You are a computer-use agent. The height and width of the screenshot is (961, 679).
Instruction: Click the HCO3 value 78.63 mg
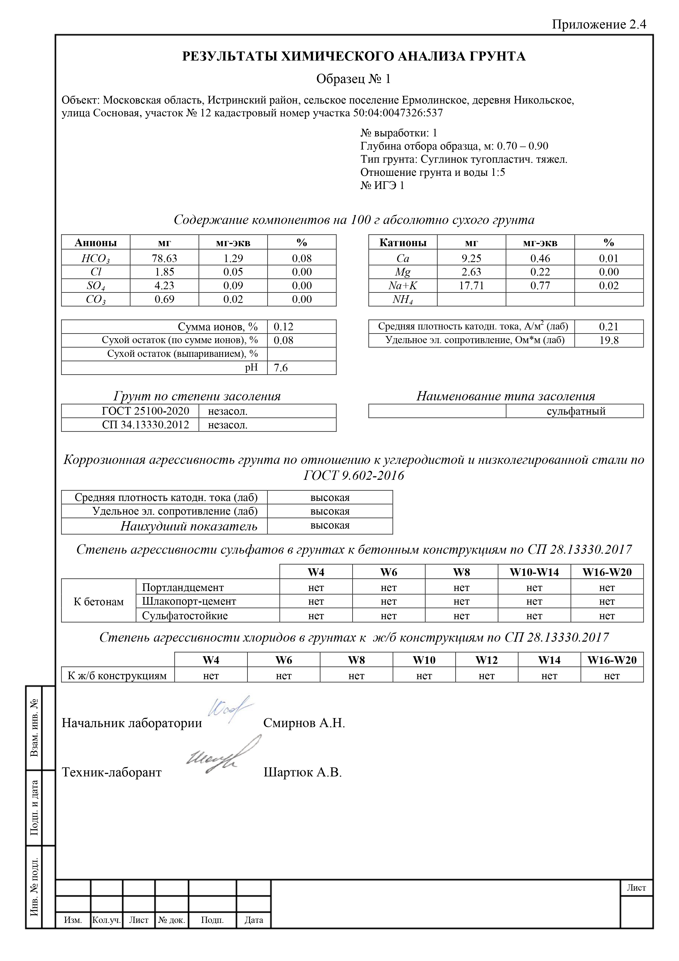[164, 258]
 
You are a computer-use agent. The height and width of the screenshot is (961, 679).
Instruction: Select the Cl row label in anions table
[96, 272]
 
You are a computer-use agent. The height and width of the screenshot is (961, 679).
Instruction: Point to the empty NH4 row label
[403, 300]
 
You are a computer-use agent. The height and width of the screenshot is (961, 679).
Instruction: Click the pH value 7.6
[281, 368]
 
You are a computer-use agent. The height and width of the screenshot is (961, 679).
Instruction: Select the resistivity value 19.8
[609, 340]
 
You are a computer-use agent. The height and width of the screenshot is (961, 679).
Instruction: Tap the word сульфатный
[576, 411]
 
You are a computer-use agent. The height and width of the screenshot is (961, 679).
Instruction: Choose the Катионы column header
[403, 243]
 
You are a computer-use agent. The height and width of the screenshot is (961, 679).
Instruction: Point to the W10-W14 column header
[534, 572]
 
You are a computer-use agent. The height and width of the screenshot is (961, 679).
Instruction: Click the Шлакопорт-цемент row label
[189, 601]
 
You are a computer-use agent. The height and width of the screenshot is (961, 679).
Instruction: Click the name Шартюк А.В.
[302, 772]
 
